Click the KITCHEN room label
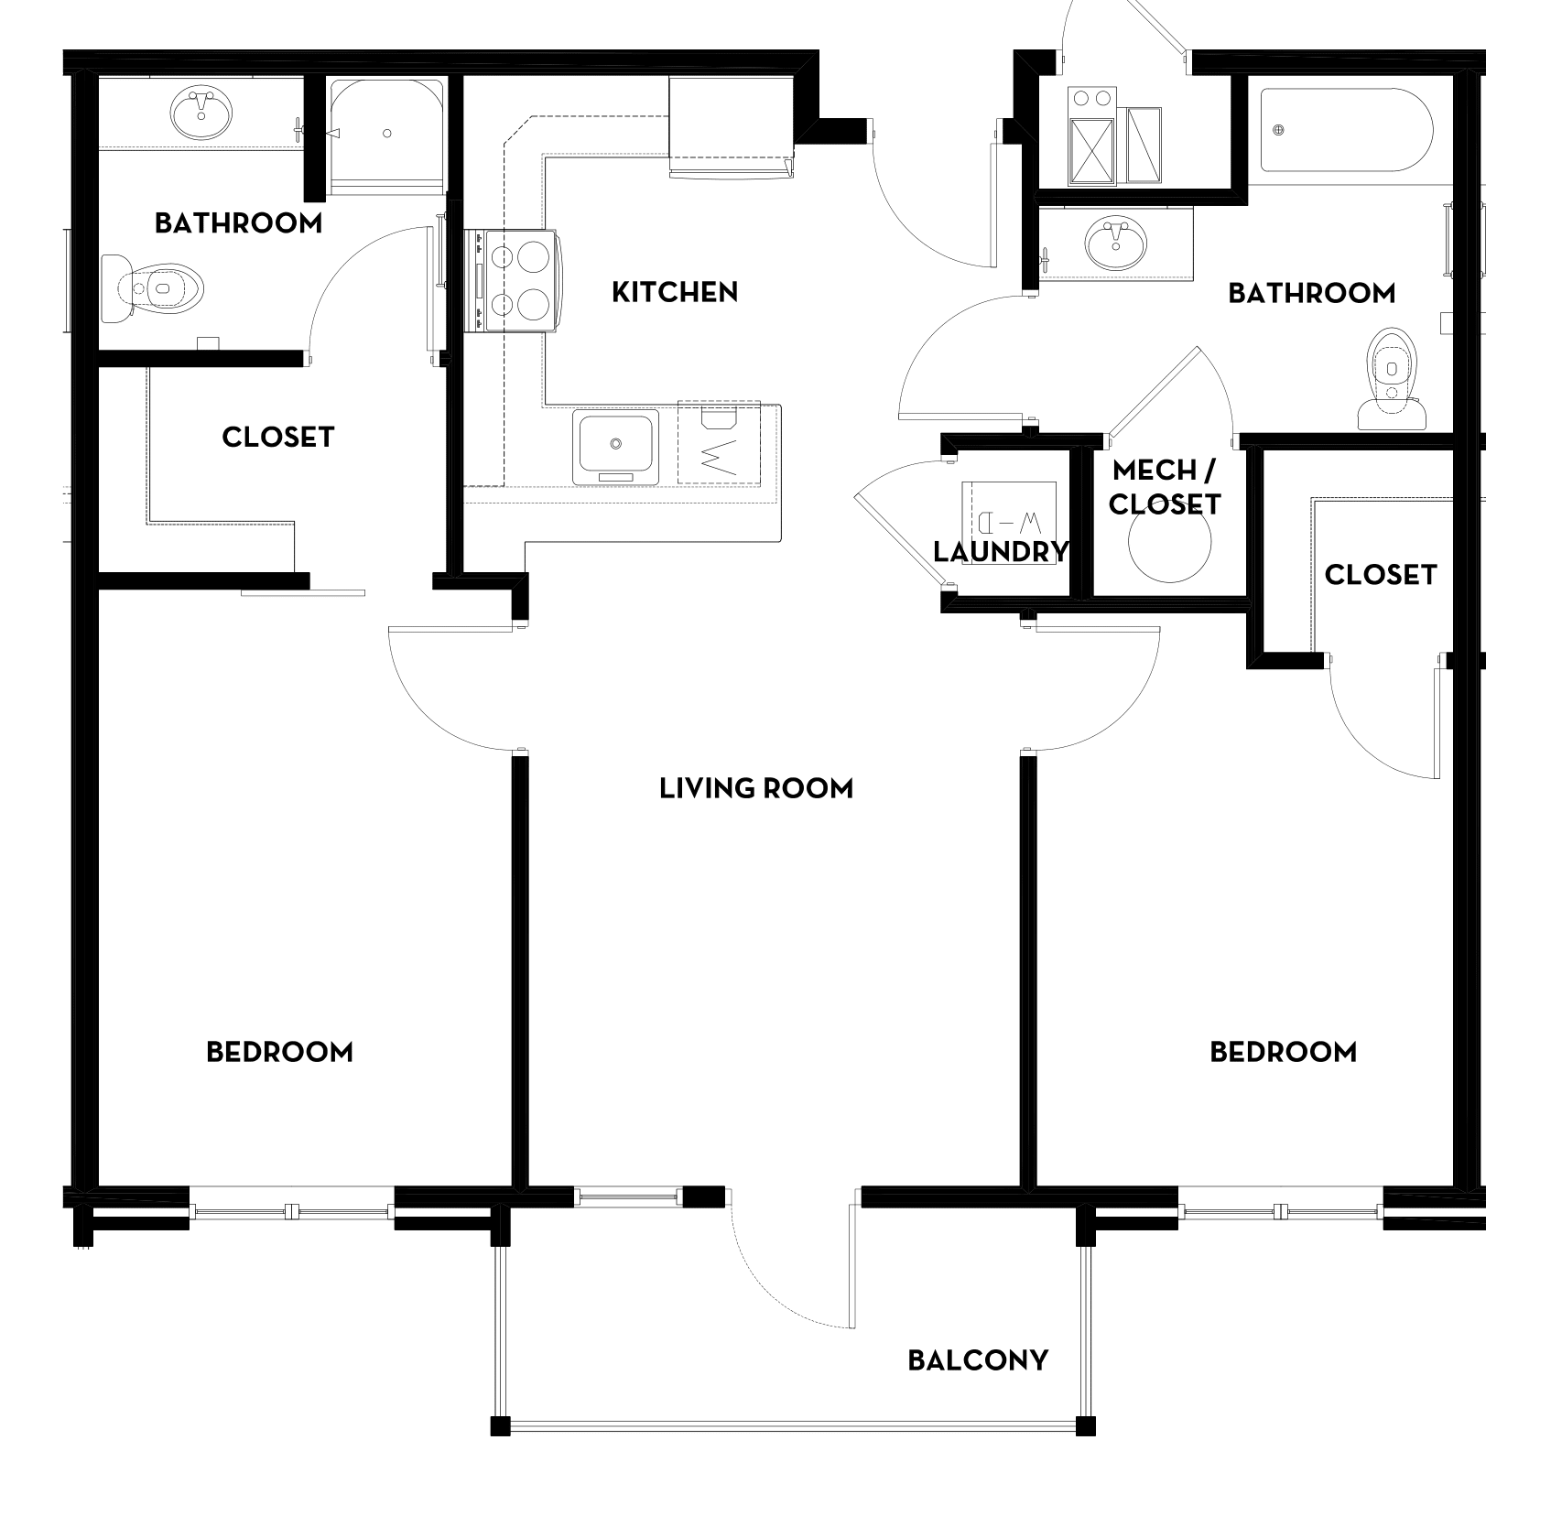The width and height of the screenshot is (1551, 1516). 675,292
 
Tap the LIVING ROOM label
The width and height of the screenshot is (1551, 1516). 756,788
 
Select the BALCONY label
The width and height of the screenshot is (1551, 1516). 978,1360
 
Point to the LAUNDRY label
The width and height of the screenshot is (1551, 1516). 1001,552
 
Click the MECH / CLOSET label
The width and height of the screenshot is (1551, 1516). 1165,488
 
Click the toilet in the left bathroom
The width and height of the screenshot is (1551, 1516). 152,288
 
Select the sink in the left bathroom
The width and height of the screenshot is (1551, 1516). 201,114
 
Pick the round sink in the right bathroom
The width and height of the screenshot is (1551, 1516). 1115,243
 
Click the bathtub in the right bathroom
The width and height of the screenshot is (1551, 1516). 1346,130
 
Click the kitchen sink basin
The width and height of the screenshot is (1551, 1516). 616,446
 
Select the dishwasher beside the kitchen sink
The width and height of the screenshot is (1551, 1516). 719,442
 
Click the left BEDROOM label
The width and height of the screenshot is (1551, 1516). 279,1052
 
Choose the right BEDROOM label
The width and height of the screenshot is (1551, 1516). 1284,1052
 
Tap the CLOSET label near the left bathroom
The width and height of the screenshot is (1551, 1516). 278,437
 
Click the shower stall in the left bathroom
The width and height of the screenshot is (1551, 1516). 387,135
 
